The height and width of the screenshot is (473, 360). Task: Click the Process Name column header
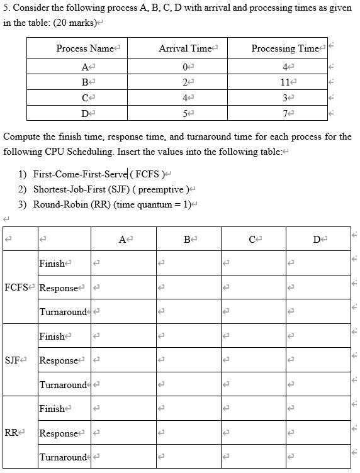click(x=85, y=48)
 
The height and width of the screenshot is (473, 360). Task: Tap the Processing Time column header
click(x=284, y=48)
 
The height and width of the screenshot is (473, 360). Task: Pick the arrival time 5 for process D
click(x=184, y=113)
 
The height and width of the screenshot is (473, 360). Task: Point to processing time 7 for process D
click(x=286, y=113)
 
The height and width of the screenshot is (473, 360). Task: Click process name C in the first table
click(x=84, y=97)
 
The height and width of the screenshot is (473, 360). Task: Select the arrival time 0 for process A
click(x=184, y=67)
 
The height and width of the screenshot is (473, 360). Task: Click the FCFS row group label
click(x=16, y=287)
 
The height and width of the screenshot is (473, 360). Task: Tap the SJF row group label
click(x=13, y=360)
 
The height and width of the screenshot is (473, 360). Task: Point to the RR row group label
click(x=11, y=433)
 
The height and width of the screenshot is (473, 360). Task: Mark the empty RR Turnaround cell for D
click(x=318, y=457)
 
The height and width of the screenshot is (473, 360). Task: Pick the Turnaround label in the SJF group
click(x=63, y=384)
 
